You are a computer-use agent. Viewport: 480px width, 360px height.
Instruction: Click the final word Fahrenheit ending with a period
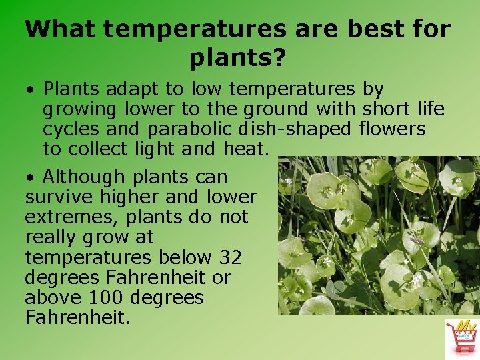click(77, 317)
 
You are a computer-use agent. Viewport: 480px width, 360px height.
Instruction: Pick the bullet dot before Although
click(31, 178)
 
